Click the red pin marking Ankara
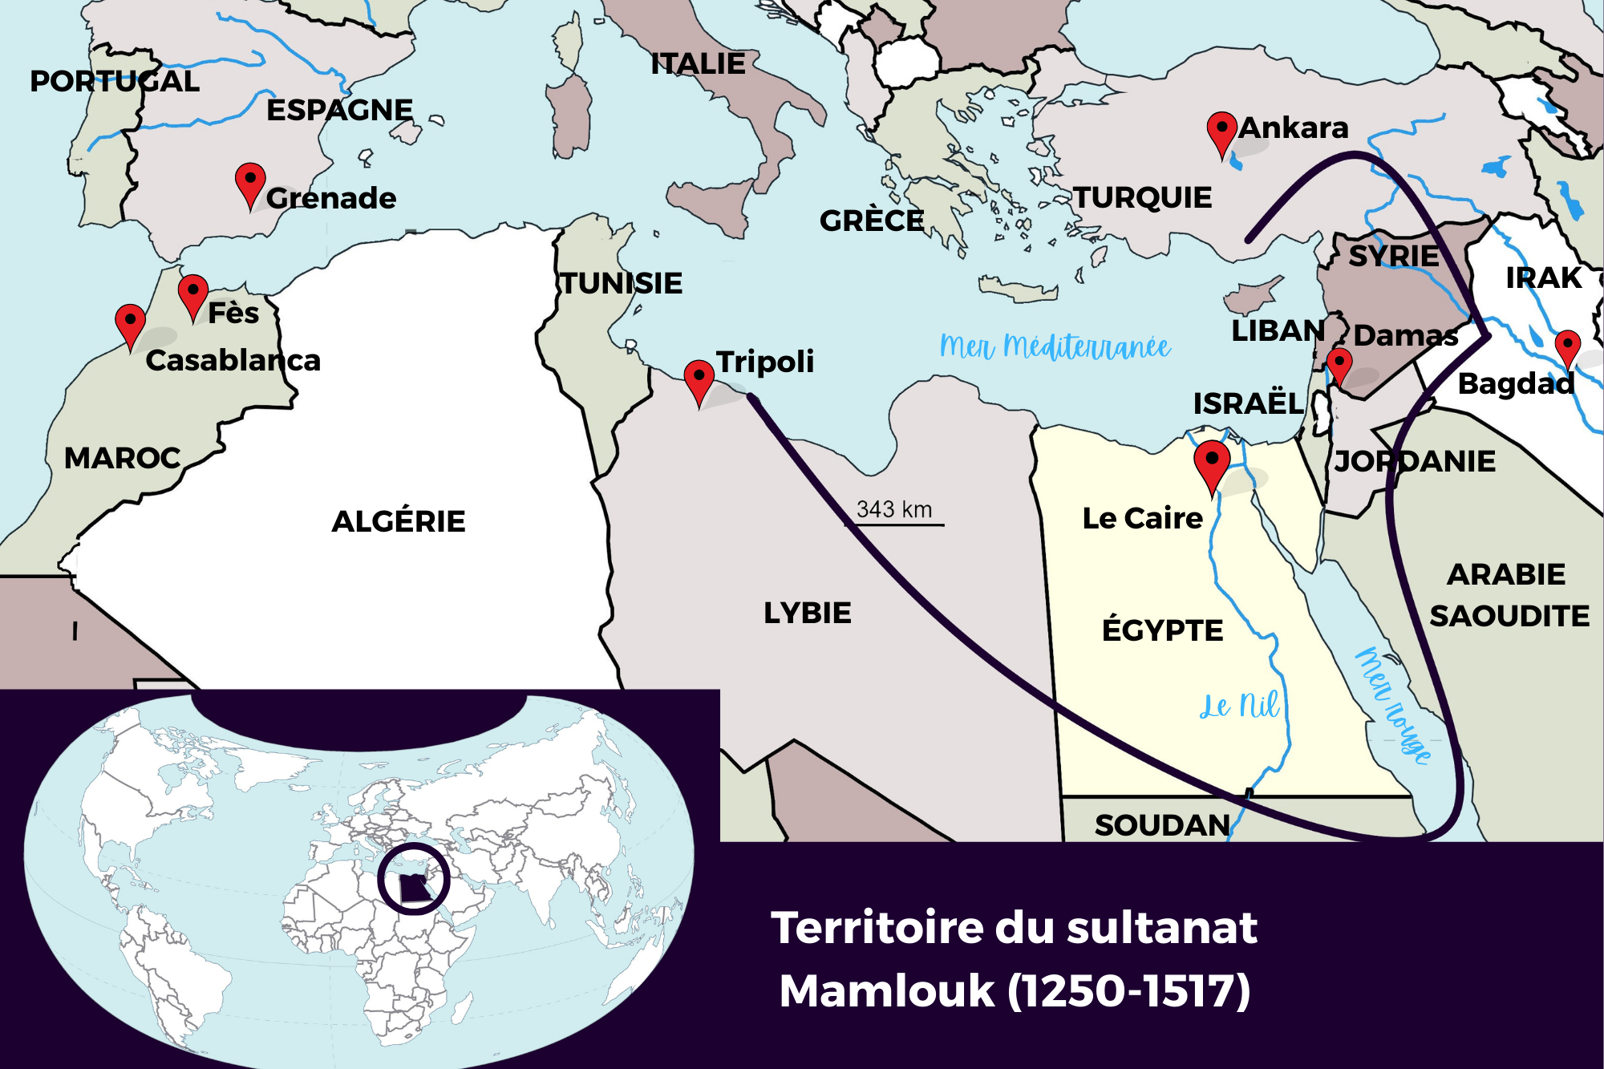point(1221,130)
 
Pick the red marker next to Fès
point(193,292)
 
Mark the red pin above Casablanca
point(130,322)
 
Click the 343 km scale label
point(894,509)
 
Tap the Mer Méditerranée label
point(1055,346)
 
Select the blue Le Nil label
point(1239,706)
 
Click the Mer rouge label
point(1394,704)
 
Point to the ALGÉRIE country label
point(399,521)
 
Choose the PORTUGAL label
point(115,81)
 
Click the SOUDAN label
point(1162,824)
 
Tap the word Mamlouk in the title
point(886,991)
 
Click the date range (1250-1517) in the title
point(1129,991)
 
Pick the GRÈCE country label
point(872,221)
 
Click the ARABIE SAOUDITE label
point(1508,595)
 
